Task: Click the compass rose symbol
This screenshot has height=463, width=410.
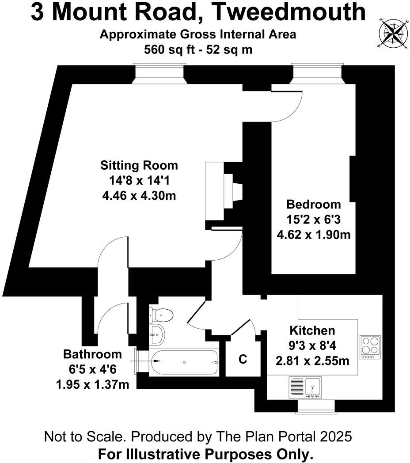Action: point(393,33)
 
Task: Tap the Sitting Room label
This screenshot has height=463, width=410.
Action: point(139,165)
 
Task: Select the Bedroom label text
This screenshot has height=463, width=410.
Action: point(313,205)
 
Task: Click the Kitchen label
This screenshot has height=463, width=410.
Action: point(312,330)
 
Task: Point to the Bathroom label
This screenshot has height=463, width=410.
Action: point(92,354)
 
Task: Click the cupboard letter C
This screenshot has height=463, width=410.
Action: point(243,359)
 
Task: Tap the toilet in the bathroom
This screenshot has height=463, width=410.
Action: point(161,315)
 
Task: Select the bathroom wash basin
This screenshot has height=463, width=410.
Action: point(157,335)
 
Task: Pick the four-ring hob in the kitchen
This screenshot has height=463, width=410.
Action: point(370,347)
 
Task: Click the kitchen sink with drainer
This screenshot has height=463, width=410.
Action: point(304,387)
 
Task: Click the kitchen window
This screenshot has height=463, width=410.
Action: point(316,406)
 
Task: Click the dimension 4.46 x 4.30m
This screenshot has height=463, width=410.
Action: point(139,195)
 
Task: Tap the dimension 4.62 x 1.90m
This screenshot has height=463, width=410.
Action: point(314,235)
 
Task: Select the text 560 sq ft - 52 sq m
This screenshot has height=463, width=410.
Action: point(198,49)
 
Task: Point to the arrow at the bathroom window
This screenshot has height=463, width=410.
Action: point(145,361)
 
